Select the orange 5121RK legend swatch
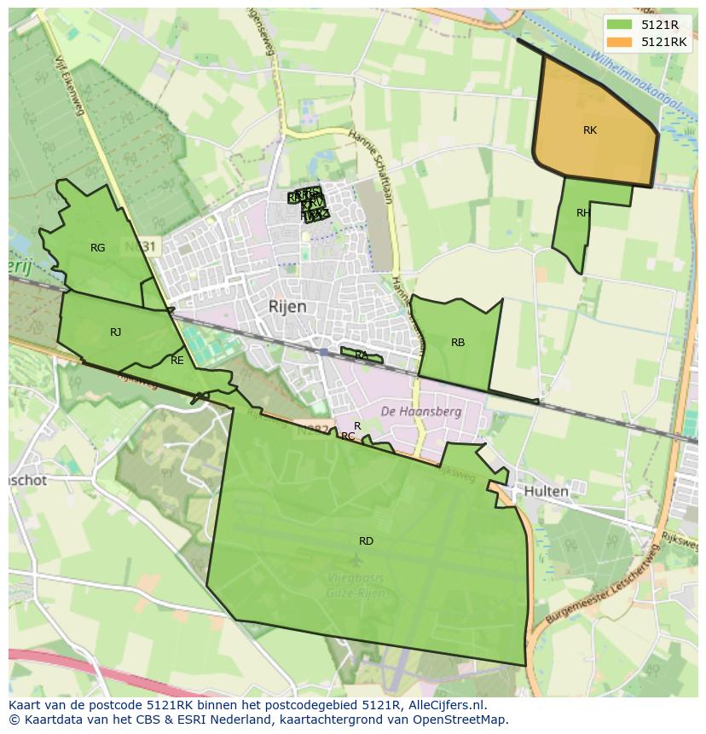[621, 42]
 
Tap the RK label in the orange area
[590, 130]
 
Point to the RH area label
[583, 213]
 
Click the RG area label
[98, 248]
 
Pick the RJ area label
[115, 332]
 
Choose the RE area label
[177, 361]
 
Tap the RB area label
[458, 343]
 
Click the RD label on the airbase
[366, 541]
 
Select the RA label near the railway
[362, 355]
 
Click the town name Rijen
[287, 307]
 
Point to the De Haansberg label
[420, 411]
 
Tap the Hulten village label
[547, 492]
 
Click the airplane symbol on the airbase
[356, 560]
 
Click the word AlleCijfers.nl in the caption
[443, 706]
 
